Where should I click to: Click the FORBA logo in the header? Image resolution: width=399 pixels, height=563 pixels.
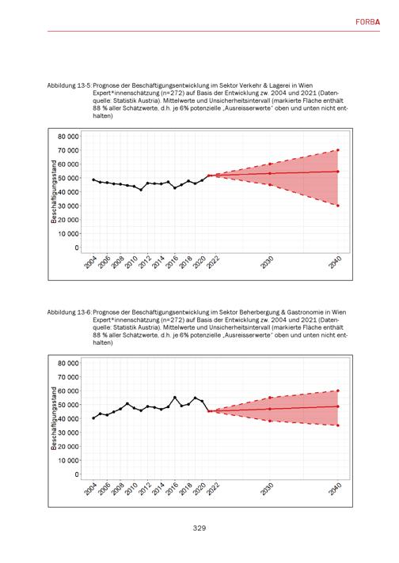[367, 22]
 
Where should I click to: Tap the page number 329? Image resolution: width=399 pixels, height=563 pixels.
[199, 528]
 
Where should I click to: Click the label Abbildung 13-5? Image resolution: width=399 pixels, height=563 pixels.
[69, 85]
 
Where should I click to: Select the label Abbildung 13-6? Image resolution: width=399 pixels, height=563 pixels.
[69, 312]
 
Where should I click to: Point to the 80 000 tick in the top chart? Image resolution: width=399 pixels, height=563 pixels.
[68, 136]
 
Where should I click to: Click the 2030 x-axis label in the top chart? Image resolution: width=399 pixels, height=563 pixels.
[267, 263]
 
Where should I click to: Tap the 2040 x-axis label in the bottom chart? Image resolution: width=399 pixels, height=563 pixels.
[335, 489]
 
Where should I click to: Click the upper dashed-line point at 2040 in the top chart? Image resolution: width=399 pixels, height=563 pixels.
[338, 150]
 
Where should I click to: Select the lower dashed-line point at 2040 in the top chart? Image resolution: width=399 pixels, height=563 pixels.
[338, 206]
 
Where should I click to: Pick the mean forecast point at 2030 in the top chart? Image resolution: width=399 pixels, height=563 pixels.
[270, 173]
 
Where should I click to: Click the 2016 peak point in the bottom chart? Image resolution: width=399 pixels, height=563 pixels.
[175, 398]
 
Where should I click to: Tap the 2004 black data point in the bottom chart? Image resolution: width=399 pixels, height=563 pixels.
[93, 418]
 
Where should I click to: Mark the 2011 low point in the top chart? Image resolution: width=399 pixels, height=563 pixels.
[141, 190]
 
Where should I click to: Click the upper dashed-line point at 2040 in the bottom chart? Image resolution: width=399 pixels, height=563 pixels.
[338, 391]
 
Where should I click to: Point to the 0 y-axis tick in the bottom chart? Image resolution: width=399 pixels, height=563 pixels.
[76, 474]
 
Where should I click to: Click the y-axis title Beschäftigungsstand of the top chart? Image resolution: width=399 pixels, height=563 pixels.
[54, 191]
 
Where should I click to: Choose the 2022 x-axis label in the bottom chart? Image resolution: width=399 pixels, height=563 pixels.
[213, 489]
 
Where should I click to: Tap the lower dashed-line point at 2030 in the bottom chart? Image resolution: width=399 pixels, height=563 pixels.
[270, 421]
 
